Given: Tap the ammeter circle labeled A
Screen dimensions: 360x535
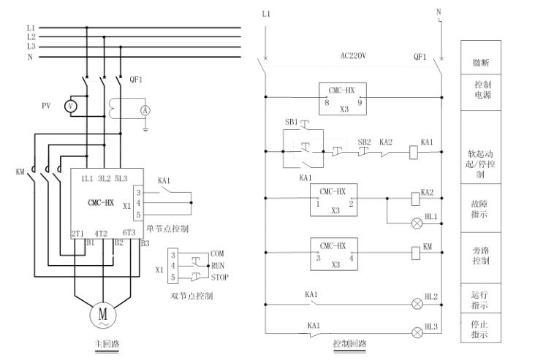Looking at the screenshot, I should [x=145, y=109].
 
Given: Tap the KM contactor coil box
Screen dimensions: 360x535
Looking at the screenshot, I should [x=414, y=253].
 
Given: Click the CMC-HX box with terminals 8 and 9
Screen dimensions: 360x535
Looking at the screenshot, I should [x=343, y=96].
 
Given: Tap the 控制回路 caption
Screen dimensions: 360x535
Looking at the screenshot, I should [x=350, y=342].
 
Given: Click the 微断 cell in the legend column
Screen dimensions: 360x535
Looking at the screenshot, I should [x=481, y=64].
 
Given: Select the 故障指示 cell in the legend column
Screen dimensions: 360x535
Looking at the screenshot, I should [x=481, y=207].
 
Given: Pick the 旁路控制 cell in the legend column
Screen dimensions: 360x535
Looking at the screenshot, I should [x=481, y=255].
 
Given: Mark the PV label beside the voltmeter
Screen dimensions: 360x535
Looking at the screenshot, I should [x=46, y=105].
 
